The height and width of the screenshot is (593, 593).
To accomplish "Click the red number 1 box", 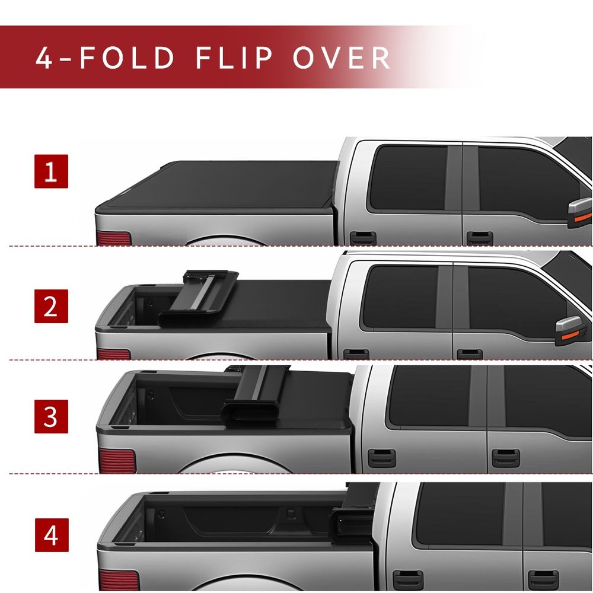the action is (x=51, y=171).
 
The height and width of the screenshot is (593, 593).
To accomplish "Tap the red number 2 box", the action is (x=51, y=307).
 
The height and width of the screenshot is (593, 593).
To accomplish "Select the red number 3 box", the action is (x=51, y=416).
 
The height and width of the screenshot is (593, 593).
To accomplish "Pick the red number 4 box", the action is (x=52, y=535).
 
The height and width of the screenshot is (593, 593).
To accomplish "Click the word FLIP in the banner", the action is (x=234, y=58).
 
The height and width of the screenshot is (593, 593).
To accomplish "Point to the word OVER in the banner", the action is (x=342, y=58).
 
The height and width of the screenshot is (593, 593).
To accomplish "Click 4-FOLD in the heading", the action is (x=105, y=58).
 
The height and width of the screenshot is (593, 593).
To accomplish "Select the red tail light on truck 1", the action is (x=114, y=238).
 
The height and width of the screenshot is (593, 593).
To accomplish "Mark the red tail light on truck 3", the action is (x=117, y=461).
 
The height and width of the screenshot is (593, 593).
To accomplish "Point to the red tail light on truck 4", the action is (x=119, y=580).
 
